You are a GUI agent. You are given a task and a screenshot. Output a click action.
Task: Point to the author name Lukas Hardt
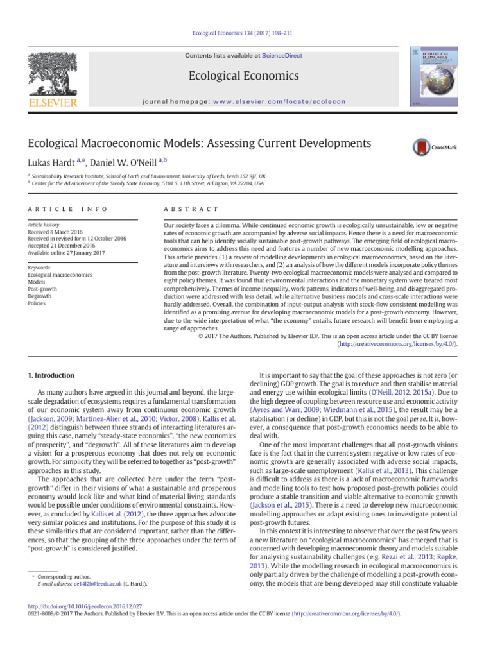57,163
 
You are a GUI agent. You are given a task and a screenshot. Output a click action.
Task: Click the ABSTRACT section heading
192,210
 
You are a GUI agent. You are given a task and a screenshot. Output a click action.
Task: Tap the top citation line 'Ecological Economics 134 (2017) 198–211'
246,33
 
